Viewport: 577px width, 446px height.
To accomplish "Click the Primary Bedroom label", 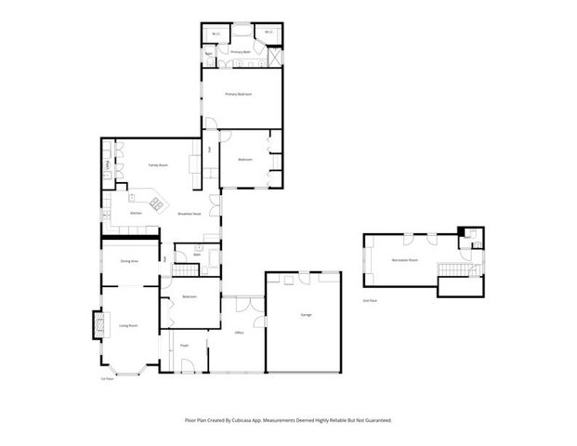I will pyautogui.click(x=240, y=95).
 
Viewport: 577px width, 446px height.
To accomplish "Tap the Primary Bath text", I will pyautogui.click(x=240, y=52).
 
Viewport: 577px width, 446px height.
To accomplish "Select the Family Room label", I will pyautogui.click(x=157, y=165).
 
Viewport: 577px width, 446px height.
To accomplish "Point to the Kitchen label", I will pyautogui.click(x=136, y=213).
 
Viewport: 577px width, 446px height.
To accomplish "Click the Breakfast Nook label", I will pyautogui.click(x=190, y=214).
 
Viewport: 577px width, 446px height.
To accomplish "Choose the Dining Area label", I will pyautogui.click(x=129, y=261).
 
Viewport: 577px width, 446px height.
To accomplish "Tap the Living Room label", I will pyautogui.click(x=128, y=326).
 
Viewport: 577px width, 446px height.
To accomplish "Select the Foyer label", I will pyautogui.click(x=185, y=344).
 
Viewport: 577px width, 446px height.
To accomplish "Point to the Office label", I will pyautogui.click(x=239, y=332).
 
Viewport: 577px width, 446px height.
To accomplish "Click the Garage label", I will pyautogui.click(x=306, y=315).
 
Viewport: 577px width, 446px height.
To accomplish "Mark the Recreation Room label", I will pyautogui.click(x=404, y=260).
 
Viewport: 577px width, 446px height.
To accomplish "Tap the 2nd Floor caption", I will pyautogui.click(x=369, y=301).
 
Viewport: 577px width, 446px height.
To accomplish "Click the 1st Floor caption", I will pyautogui.click(x=108, y=378).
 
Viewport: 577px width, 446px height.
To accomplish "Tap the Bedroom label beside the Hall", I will pyautogui.click(x=244, y=160).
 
